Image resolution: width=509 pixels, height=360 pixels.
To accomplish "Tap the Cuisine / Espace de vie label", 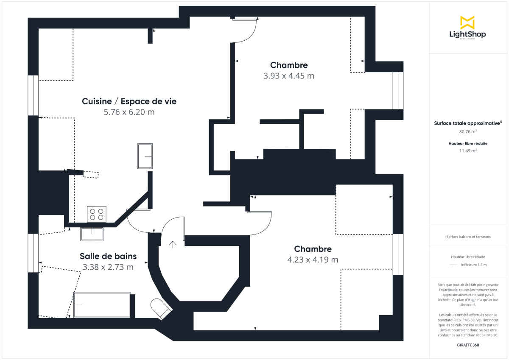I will pyautogui.click(x=129, y=101).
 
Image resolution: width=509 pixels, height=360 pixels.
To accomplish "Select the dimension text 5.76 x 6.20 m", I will pyautogui.click(x=129, y=112).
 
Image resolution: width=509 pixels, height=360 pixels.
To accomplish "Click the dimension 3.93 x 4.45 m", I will pyautogui.click(x=288, y=76).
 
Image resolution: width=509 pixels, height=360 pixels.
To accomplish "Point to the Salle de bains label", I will pyautogui.click(x=108, y=256).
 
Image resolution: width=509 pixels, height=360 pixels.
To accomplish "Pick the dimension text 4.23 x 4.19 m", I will pyautogui.click(x=313, y=260).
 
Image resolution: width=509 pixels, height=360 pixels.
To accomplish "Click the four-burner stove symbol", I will pyautogui.click(x=96, y=214).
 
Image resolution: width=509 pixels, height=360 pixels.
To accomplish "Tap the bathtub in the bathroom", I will pyautogui.click(x=102, y=304).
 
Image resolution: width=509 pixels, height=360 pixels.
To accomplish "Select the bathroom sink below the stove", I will pyautogui.click(x=92, y=234).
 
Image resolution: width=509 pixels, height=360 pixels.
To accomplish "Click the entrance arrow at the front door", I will pyautogui.click(x=173, y=244).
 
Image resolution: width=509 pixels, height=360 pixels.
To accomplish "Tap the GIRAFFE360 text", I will pyautogui.click(x=468, y=345).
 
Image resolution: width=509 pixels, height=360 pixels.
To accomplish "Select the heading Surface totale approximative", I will pyautogui.click(x=467, y=123).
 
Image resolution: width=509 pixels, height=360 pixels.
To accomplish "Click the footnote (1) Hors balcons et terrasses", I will pyautogui.click(x=468, y=237).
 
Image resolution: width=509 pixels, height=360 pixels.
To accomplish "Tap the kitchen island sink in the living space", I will pyautogui.click(x=145, y=156).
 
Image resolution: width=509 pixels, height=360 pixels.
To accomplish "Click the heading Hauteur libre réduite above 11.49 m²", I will pyautogui.click(x=468, y=143).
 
